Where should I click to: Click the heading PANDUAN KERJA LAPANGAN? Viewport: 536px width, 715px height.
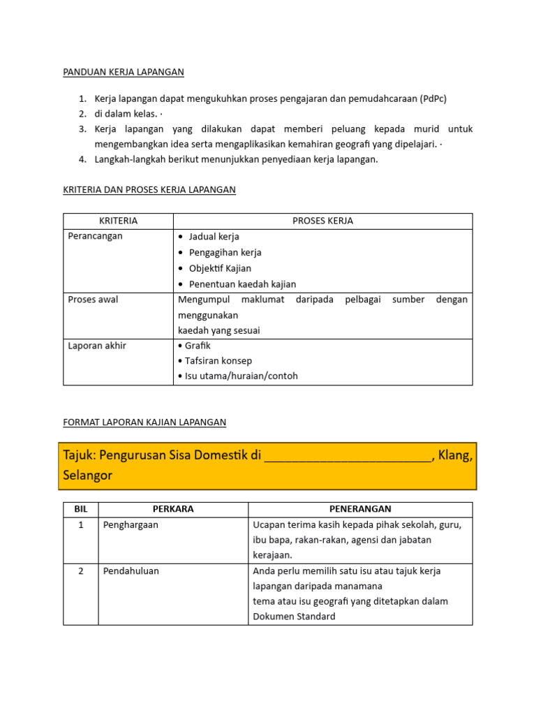(124, 72)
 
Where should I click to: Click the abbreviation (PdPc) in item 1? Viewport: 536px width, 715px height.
(433, 98)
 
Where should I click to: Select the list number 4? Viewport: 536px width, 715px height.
(82, 159)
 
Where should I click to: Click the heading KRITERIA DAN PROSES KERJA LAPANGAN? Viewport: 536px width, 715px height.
(149, 189)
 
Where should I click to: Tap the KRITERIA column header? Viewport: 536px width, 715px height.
(118, 221)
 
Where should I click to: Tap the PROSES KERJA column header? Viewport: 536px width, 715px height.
(322, 221)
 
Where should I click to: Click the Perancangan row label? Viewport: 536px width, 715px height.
(95, 236)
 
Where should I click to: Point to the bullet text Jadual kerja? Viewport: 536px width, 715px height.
(214, 237)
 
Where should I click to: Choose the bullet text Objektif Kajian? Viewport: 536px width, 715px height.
(220, 268)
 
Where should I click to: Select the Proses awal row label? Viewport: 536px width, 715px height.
(93, 300)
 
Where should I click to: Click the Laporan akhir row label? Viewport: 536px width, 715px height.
(97, 346)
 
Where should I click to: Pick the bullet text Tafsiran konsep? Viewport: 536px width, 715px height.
(218, 361)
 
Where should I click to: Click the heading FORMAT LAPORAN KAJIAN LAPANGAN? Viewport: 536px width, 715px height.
(144, 422)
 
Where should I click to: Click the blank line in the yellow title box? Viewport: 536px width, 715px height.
(348, 457)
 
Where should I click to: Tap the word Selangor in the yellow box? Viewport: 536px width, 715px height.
(87, 476)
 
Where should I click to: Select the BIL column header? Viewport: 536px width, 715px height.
(81, 509)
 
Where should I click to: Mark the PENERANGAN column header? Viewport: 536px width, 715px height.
(360, 509)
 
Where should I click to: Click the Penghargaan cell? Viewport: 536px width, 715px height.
(131, 525)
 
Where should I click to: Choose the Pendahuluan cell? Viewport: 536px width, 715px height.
(131, 571)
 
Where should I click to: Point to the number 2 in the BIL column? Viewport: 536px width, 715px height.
(81, 571)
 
